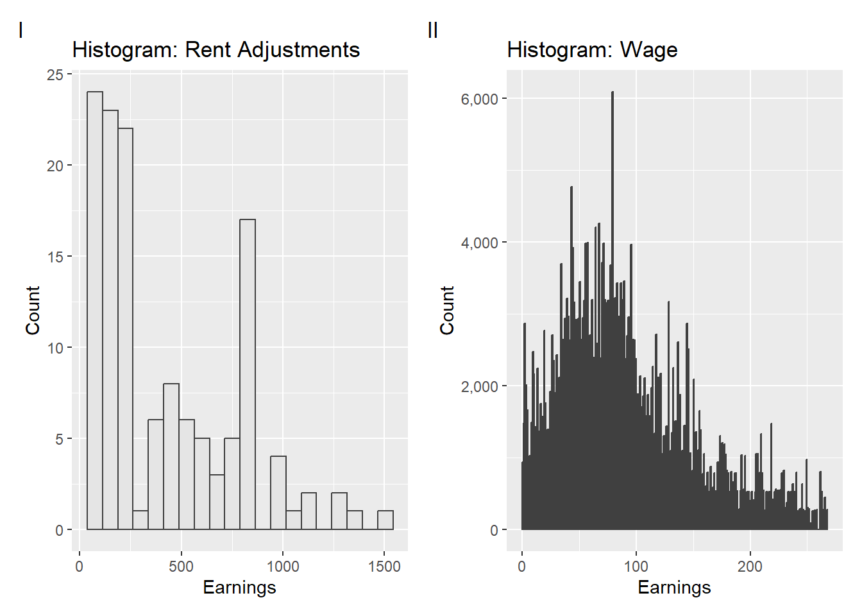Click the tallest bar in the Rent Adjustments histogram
(x=95, y=311)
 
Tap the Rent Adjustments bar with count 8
(x=171, y=456)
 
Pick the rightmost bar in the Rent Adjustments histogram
(x=385, y=520)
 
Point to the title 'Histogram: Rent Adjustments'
(x=216, y=50)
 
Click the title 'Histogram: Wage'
(x=592, y=50)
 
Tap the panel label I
(x=21, y=30)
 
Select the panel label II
(x=433, y=30)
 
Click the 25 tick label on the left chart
(x=55, y=75)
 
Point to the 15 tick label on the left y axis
(x=55, y=257)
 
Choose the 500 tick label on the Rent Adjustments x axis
(x=181, y=567)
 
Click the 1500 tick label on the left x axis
(x=384, y=567)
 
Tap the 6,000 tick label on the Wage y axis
(x=479, y=99)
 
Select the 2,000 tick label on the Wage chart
(x=479, y=387)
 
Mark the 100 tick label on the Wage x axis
(x=636, y=567)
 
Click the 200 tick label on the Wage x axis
(x=750, y=567)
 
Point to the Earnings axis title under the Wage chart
(x=674, y=588)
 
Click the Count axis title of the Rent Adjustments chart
(x=33, y=311)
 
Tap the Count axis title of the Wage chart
(x=447, y=311)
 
